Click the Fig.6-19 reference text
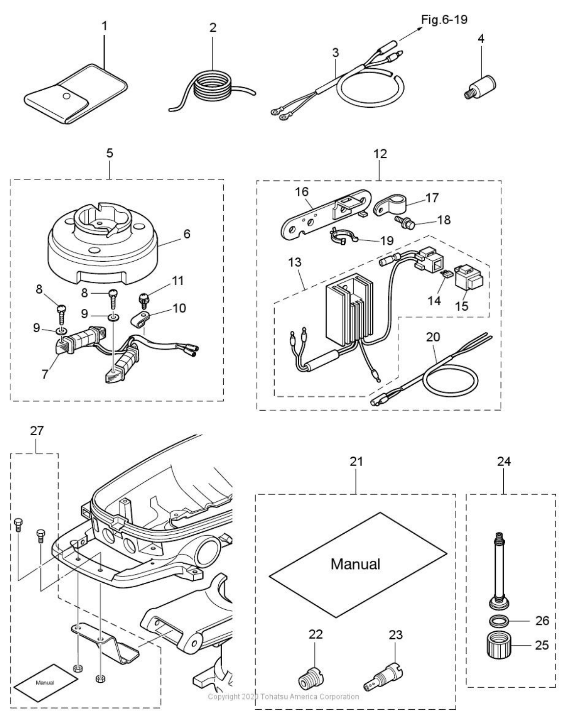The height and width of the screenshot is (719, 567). (444, 20)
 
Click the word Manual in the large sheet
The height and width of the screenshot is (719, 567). (355, 564)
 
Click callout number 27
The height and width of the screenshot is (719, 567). (37, 431)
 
